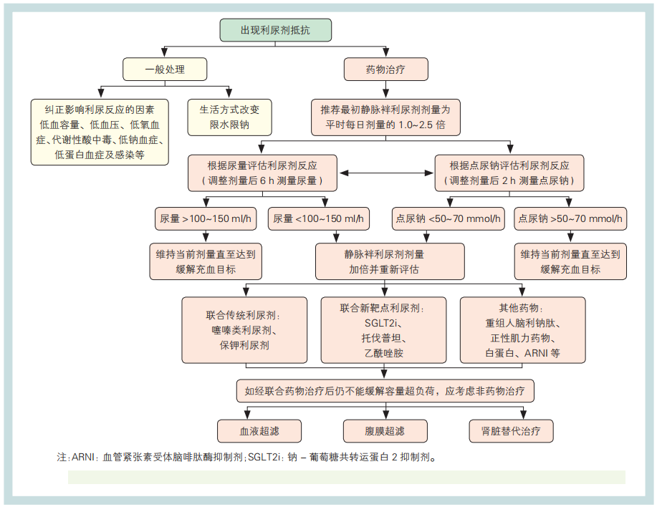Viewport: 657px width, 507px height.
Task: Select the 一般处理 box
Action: pos(165,69)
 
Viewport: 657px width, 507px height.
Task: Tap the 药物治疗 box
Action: pos(386,69)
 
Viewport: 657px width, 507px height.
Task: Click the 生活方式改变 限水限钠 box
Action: pos(229,117)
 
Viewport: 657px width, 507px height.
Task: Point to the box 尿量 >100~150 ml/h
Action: pos(206,219)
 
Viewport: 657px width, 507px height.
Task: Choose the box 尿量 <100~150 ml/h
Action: pos(318,219)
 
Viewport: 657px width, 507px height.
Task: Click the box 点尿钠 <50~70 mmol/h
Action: pos(449,219)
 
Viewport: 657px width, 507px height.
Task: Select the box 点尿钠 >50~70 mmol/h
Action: pos(570,219)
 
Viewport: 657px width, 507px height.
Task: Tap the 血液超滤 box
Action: pos(260,431)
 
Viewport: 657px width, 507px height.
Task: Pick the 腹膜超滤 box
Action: pos(385,431)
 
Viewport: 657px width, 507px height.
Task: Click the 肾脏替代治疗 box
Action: pos(511,431)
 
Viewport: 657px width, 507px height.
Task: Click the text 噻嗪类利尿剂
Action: pos(244,330)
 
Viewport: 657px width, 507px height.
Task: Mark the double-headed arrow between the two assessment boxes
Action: pos(388,173)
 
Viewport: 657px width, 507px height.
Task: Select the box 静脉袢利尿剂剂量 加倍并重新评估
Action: pos(390,262)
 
